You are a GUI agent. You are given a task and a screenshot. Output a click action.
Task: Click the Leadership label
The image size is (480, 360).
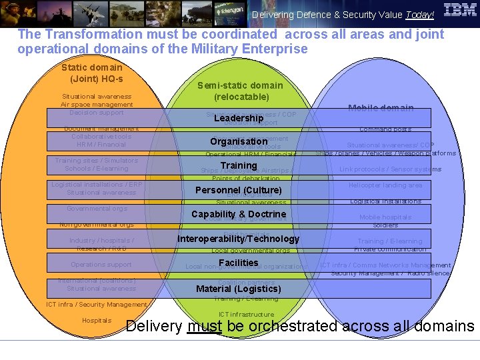point(239,118)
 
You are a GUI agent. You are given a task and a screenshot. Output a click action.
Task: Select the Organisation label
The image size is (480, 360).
point(239,141)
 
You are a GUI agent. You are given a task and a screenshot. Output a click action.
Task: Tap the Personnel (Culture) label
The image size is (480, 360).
point(239,190)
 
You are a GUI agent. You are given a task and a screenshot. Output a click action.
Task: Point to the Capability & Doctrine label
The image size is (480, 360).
point(239,214)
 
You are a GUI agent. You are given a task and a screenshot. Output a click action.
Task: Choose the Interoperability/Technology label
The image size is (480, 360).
point(239,239)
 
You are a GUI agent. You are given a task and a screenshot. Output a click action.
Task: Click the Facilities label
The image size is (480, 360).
point(239,263)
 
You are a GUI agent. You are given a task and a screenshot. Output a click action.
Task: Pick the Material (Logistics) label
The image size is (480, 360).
point(239,289)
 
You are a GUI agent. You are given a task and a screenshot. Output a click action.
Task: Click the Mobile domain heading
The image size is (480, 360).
point(381,108)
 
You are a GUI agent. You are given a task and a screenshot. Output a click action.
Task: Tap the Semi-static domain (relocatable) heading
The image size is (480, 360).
point(240,91)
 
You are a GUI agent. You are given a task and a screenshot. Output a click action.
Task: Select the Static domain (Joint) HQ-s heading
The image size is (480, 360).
point(92,73)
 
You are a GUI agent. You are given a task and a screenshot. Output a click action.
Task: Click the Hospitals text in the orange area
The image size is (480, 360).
point(97,321)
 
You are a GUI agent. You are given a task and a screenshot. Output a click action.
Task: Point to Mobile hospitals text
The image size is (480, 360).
point(385,217)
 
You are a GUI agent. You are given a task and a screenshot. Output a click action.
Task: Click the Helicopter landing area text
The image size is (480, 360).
point(385,185)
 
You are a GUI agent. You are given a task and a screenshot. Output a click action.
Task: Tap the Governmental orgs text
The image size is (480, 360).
point(97,209)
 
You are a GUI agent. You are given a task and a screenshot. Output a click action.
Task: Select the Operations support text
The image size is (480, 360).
point(101,265)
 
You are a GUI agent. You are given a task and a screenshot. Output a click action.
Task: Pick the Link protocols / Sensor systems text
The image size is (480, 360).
point(390,169)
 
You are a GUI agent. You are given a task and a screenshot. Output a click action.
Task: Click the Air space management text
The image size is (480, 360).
point(97,105)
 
